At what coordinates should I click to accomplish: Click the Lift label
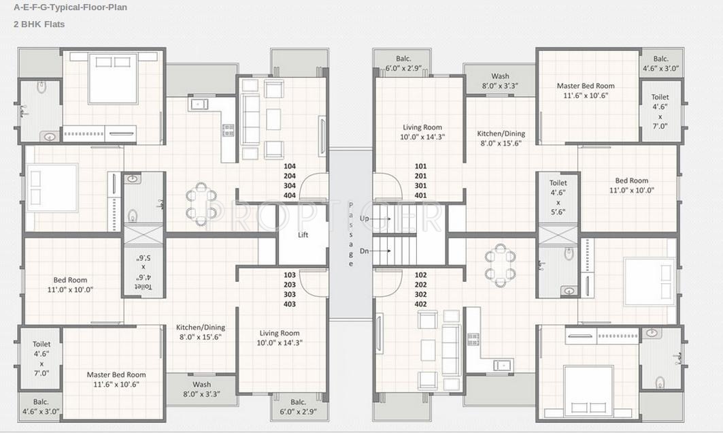tap(303, 235)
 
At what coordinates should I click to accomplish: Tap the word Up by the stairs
tap(365, 219)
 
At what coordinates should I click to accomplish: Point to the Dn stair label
tap(365, 251)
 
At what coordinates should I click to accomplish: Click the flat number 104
tap(290, 166)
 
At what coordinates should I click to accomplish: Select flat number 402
tap(420, 304)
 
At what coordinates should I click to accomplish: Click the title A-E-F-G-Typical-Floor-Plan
tap(70, 7)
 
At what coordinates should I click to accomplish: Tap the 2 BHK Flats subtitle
tap(39, 25)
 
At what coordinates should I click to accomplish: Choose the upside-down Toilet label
tap(144, 272)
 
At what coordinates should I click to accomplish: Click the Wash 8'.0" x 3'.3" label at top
tap(501, 81)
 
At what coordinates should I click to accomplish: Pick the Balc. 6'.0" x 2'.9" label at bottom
tap(299, 406)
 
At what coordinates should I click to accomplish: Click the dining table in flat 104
tap(201, 204)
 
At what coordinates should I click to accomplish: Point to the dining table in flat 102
tap(501, 266)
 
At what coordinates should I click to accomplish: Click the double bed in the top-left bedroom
tap(114, 78)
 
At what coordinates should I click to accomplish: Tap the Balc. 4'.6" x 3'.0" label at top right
tap(660, 64)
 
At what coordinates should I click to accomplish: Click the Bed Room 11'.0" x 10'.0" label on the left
tap(70, 285)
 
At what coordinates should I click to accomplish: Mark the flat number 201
tap(420, 176)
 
